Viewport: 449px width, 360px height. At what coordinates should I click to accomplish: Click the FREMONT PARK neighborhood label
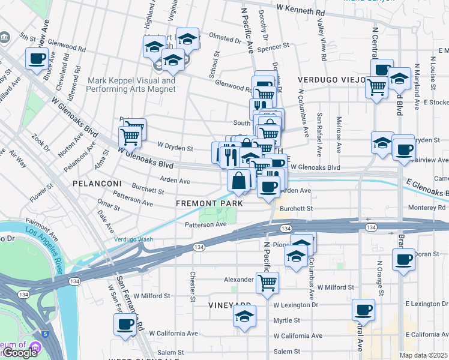click(x=209, y=203)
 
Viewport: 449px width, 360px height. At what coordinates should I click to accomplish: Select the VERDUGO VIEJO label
click(x=332, y=79)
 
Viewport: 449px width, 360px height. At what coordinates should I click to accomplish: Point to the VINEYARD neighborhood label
click(x=229, y=305)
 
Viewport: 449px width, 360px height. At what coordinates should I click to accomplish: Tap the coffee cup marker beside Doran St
click(x=403, y=260)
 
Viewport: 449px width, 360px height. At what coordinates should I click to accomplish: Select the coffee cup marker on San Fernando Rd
click(x=125, y=324)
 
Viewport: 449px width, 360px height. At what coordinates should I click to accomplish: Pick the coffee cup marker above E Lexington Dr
click(x=363, y=310)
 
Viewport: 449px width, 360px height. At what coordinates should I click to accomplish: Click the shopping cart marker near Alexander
click(x=267, y=282)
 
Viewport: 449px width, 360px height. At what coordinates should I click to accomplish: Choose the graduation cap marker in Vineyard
click(x=244, y=316)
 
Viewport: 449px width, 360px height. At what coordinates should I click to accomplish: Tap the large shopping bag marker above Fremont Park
click(x=239, y=180)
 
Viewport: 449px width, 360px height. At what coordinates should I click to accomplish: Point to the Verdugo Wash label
click(x=133, y=239)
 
